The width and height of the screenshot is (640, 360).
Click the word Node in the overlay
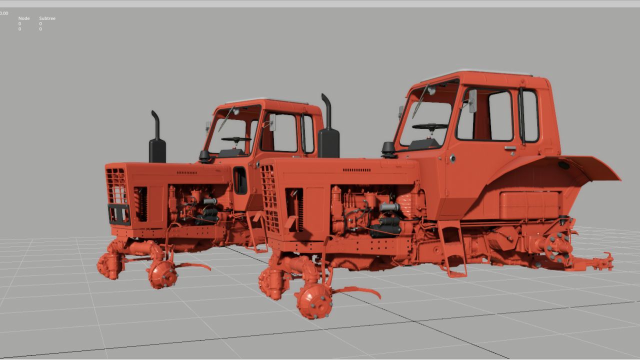(x=24, y=18)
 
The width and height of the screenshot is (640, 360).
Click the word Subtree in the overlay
(x=47, y=18)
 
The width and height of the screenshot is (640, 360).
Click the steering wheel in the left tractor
(x=236, y=139)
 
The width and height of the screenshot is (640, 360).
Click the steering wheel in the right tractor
(x=430, y=126)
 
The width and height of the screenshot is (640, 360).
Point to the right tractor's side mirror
(x=472, y=101)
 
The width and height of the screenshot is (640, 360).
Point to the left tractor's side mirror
(x=272, y=122)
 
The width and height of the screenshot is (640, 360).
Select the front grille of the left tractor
(x=116, y=185)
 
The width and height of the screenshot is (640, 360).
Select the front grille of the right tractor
(x=269, y=198)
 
